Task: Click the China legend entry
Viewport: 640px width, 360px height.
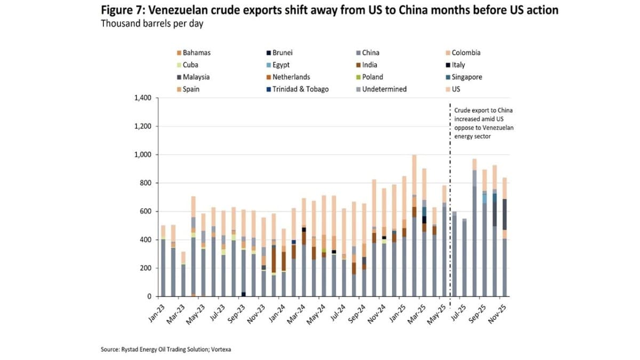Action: (x=371, y=53)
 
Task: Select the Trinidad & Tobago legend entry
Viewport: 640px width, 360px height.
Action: (x=300, y=89)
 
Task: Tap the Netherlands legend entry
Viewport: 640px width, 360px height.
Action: (x=291, y=77)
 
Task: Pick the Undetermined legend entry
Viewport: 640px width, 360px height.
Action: (x=384, y=89)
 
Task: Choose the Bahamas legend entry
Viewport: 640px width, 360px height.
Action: (x=196, y=53)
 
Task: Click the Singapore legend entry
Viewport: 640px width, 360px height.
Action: (x=467, y=77)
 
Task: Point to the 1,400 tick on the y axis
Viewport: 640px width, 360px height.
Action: (x=142, y=98)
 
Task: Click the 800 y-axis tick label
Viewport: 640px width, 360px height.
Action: (x=145, y=183)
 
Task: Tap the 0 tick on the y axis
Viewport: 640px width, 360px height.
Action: (x=149, y=297)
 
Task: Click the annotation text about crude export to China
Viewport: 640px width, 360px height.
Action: (x=484, y=123)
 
